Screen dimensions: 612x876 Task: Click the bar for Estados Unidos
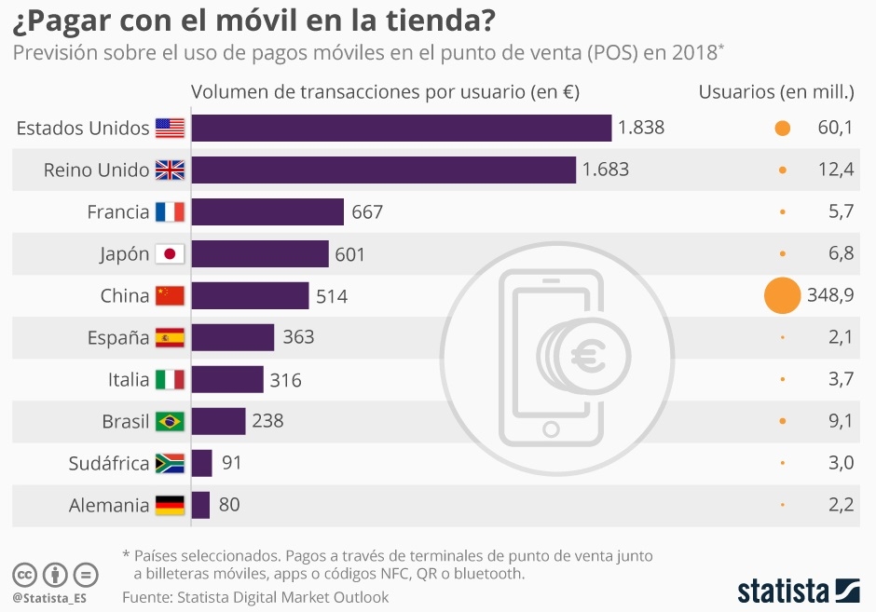click(x=401, y=129)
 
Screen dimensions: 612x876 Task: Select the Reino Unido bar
click(x=383, y=170)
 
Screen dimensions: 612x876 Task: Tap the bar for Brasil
click(x=218, y=421)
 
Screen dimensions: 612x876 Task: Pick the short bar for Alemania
click(x=200, y=505)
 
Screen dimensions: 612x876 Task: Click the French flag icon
click(x=170, y=212)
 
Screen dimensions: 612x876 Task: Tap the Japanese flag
click(x=170, y=254)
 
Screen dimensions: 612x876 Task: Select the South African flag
click(x=170, y=463)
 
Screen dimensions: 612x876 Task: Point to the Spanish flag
click(x=170, y=337)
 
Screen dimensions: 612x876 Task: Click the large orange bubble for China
click(x=782, y=296)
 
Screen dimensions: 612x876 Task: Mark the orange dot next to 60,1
click(x=782, y=129)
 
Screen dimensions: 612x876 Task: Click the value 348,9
click(x=829, y=296)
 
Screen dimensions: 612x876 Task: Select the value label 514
click(x=332, y=296)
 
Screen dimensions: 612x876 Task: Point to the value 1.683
click(x=606, y=170)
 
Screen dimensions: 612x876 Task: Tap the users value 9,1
click(x=841, y=421)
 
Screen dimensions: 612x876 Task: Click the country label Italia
click(x=128, y=379)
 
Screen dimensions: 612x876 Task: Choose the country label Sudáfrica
click(x=108, y=463)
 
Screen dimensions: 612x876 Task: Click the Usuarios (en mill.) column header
click(x=776, y=91)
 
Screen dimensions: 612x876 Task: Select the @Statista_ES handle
click(x=48, y=597)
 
